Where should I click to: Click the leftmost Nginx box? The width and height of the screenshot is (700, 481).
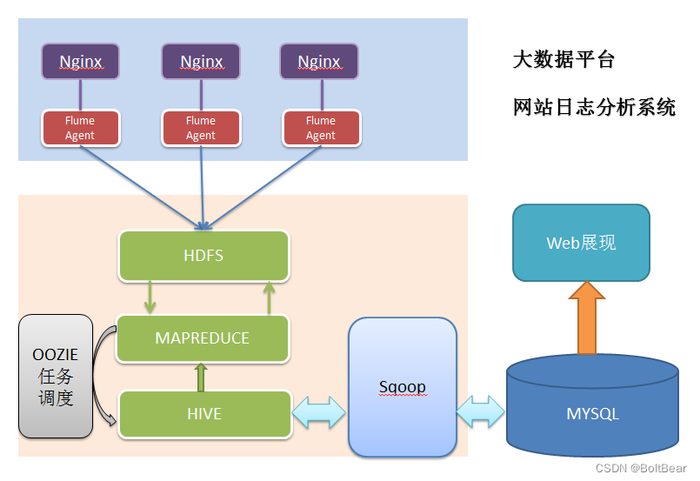81,62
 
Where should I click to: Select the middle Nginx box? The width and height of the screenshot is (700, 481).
201,62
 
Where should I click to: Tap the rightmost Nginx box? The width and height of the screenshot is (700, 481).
319,62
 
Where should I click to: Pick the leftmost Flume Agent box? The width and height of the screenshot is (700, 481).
80,128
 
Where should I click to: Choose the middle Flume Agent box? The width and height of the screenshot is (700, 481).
201,128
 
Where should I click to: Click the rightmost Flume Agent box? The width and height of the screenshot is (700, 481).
320,128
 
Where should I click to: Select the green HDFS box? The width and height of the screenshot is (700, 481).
203,256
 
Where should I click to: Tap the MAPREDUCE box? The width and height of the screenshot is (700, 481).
203,338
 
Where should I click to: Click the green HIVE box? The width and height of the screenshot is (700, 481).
204,414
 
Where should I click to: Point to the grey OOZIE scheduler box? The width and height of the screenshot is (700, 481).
56,376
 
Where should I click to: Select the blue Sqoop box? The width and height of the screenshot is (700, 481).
403,387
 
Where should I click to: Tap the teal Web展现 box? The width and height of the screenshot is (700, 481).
581,243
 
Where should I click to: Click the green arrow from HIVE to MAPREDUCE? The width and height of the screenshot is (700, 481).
202,377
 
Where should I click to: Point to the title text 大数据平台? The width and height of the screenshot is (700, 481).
563,60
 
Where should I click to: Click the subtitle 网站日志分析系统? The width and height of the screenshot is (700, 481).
595,108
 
